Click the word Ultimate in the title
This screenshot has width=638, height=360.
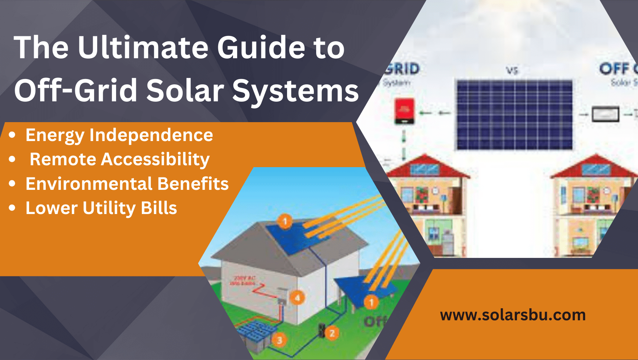click(143, 48)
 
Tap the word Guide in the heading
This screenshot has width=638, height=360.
click(261, 48)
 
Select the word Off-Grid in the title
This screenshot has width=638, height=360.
click(76, 91)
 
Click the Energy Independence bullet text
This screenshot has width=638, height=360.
click(119, 135)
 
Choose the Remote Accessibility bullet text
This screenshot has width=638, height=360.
click(120, 159)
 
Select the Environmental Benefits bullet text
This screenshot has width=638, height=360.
click(127, 184)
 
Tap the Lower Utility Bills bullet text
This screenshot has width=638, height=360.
click(101, 208)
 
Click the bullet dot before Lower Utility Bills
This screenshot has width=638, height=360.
click(12, 208)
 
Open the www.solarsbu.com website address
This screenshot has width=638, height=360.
click(513, 315)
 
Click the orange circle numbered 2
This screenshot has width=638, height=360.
click(332, 333)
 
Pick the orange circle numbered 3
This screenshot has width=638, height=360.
click(279, 340)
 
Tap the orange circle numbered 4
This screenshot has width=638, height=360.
click(298, 298)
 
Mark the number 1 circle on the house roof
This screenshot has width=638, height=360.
click(285, 221)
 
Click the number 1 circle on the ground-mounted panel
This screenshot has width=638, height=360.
click(371, 303)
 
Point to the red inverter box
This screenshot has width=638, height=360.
click(404, 111)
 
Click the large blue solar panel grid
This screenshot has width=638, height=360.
click(514, 115)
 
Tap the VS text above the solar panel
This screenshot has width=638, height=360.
click(512, 70)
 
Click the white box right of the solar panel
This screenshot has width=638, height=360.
click(605, 114)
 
